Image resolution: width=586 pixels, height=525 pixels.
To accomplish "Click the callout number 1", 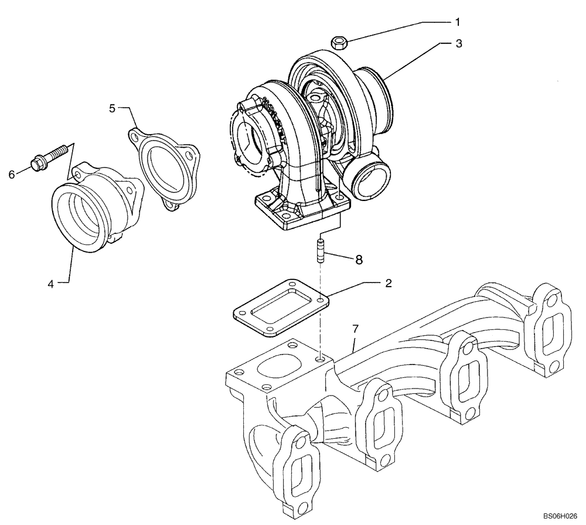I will click(457, 22).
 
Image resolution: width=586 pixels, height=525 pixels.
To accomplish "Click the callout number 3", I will click(459, 43).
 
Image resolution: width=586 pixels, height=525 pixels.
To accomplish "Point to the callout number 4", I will click(51, 284).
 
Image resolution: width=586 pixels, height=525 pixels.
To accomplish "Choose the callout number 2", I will click(388, 282).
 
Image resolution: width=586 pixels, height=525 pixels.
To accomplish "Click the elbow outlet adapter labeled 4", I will click(94, 208).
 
